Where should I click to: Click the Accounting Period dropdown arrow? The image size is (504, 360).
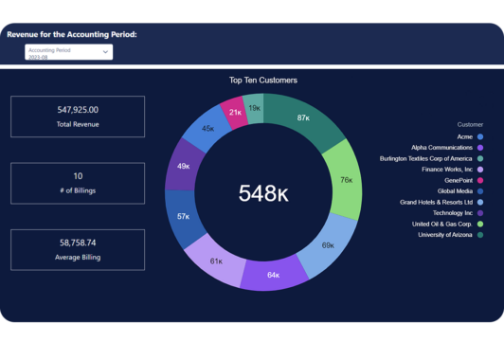106,52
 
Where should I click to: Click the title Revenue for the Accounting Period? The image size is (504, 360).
72,34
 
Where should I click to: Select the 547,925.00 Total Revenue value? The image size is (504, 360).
78,110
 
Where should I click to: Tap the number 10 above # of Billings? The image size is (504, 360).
78,175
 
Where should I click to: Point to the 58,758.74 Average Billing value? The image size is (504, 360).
78,243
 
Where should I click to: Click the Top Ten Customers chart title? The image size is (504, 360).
263,81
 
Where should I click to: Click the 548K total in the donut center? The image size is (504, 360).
263,193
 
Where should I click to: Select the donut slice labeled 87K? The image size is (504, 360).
303,118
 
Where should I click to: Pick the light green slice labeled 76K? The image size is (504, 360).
346,179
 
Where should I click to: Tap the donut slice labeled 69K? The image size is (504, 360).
328,245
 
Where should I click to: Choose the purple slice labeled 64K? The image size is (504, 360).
273,275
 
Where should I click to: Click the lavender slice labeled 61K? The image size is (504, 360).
216,261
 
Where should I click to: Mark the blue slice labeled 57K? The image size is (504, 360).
183,216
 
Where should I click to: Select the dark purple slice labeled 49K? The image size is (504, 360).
184,166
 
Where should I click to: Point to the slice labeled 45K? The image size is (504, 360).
207,128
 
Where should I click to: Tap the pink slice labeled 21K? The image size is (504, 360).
235,112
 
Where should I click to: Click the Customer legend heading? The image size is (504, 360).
470,124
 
